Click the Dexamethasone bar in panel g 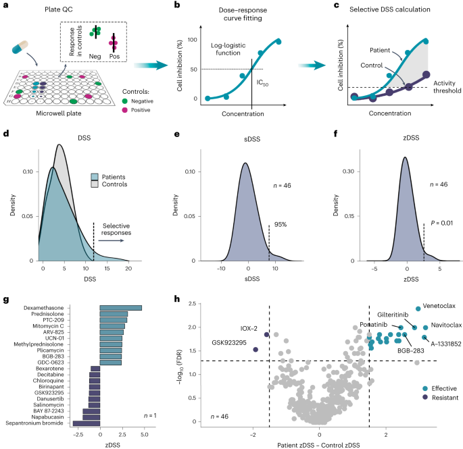click(120, 308)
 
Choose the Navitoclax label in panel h click(435, 324)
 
